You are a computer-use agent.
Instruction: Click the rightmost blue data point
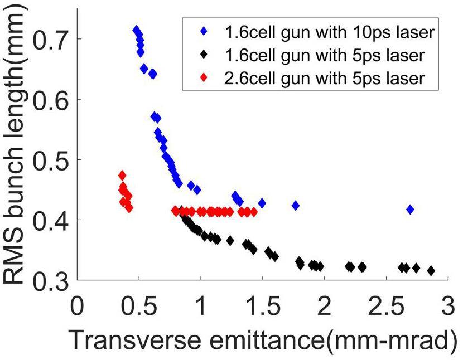pos(410,210)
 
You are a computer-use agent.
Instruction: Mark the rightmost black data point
pos(431,271)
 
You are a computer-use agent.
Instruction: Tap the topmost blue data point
pos(136,30)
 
